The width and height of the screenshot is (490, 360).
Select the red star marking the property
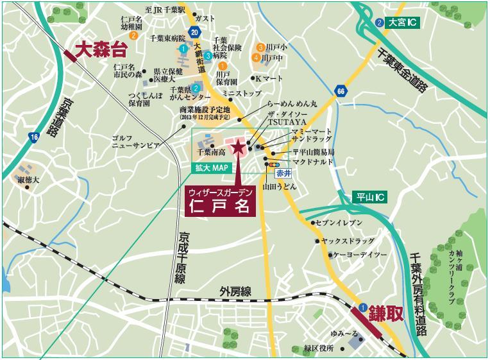pos(238,148)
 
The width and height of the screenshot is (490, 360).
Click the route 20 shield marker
pos(196,32)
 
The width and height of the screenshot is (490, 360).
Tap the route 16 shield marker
pos(33,137)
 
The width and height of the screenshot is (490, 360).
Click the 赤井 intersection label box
pos(284,173)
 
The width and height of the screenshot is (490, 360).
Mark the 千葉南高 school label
pos(212,153)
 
